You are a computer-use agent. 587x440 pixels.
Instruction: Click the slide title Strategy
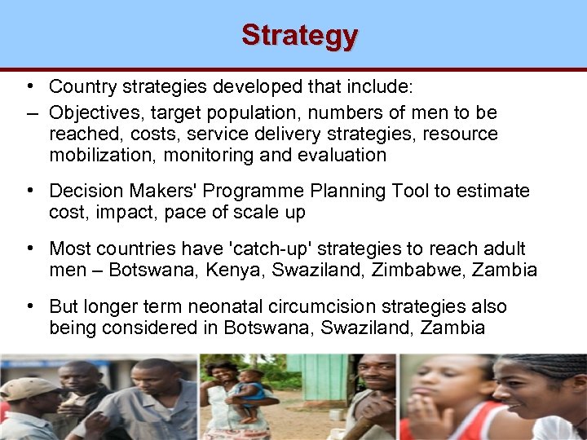[299, 36]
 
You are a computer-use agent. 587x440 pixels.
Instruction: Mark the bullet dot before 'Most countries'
[29, 248]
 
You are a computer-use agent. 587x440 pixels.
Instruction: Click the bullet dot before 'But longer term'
[29, 306]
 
